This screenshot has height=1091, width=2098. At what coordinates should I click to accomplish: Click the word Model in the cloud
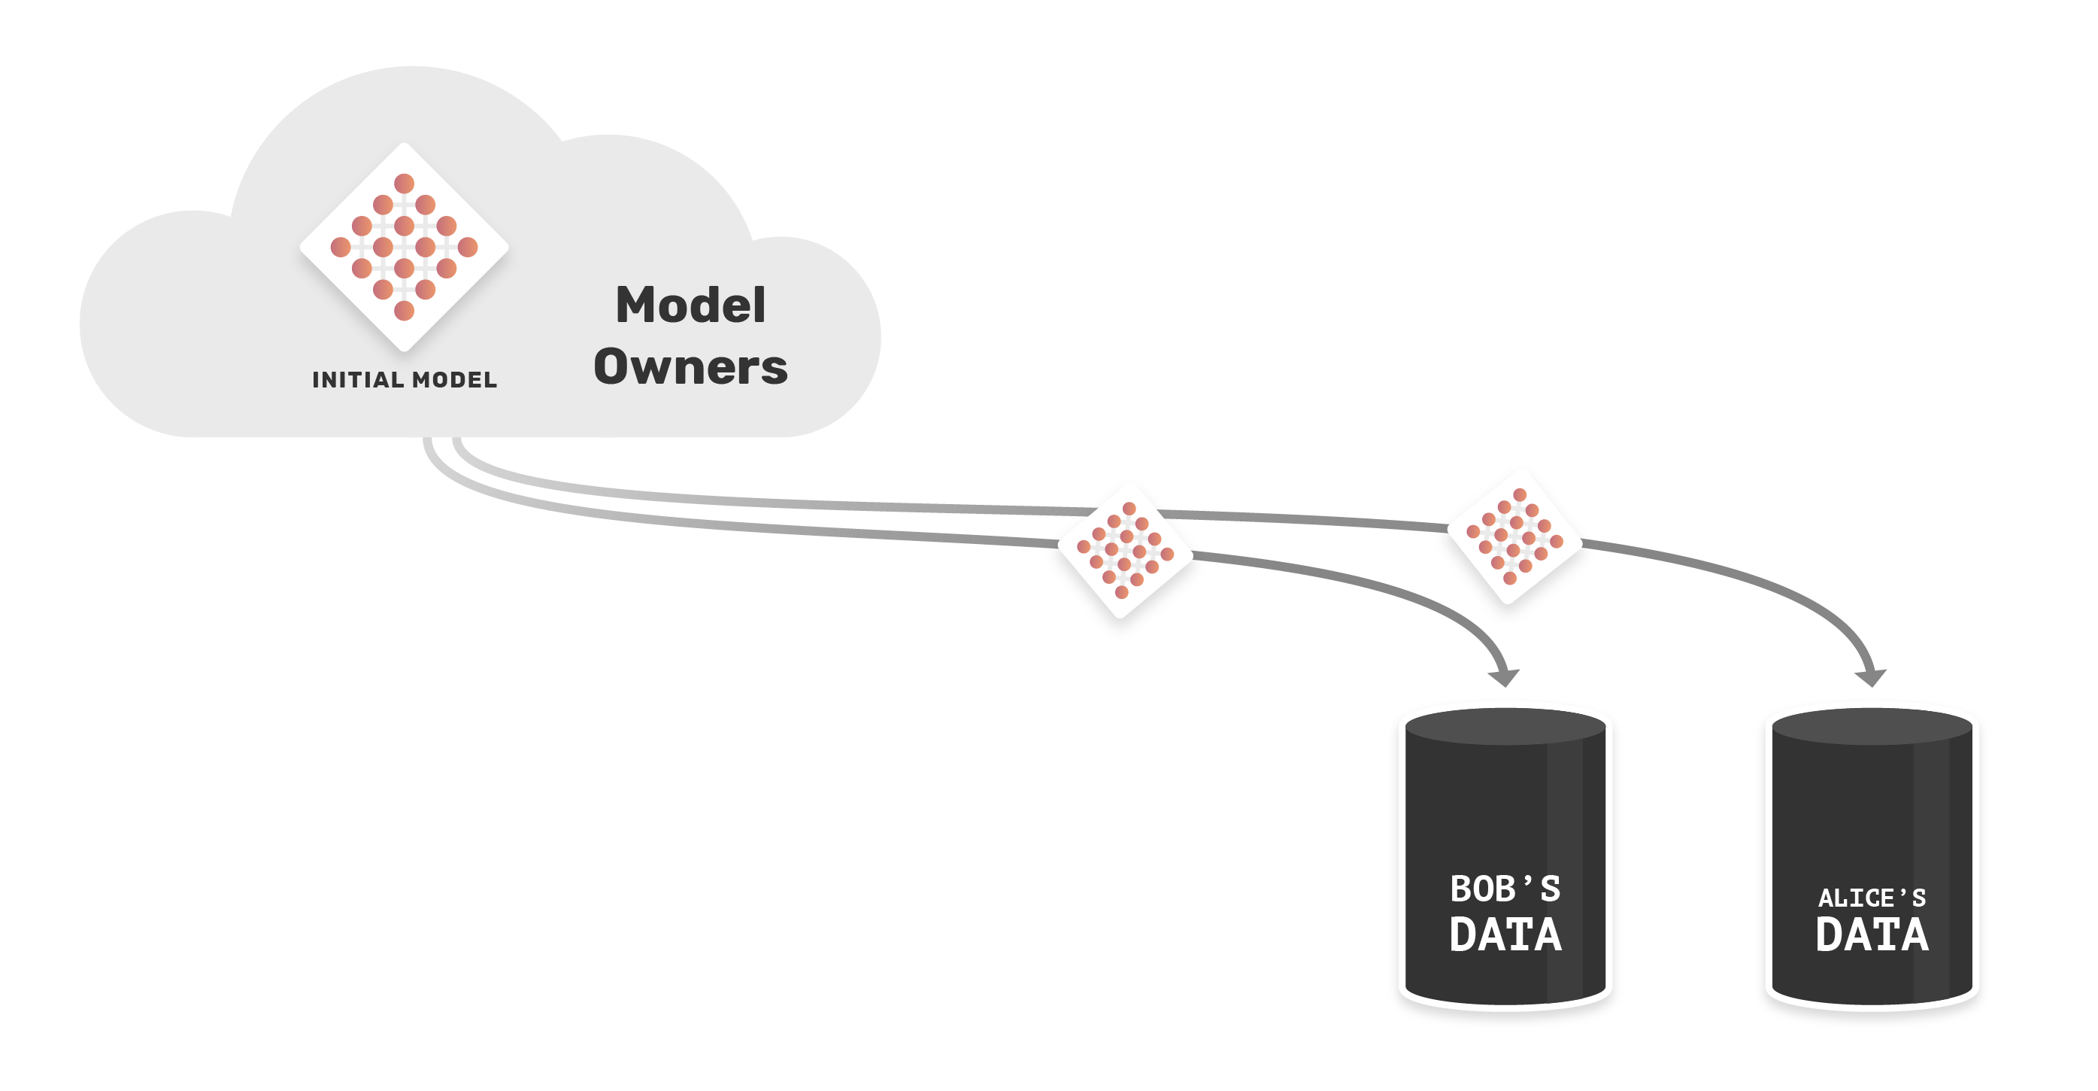690,305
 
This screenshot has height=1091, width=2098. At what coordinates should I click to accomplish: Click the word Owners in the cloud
690,366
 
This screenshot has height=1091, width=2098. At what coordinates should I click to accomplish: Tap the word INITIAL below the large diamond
359,380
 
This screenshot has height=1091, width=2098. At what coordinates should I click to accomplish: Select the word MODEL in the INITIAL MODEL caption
454,380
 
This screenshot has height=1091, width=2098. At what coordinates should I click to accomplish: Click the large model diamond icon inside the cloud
404,247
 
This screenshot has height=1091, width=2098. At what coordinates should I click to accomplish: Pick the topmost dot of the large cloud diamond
404,184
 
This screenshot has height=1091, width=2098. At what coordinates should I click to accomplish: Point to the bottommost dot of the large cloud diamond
404,311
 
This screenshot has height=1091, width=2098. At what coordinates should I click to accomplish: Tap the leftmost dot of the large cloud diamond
341,247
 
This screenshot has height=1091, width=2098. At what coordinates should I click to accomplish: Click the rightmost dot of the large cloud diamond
468,247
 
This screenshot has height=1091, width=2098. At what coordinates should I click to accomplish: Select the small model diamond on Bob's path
1125,551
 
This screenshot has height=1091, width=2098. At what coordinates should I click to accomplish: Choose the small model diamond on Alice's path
1514,537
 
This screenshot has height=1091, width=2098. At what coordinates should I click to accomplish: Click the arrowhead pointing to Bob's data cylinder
1503,677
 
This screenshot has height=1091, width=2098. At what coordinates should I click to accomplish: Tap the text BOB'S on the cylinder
1505,889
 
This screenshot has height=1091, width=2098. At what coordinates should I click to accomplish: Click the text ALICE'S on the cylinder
1872,898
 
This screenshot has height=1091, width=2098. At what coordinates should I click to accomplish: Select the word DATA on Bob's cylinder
1505,934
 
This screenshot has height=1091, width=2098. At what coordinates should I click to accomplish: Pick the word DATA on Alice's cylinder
1872,934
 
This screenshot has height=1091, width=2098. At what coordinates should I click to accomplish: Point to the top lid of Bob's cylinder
1505,727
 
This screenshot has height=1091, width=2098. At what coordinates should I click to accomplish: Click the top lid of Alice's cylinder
1872,727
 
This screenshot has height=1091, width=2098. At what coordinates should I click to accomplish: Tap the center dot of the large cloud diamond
404,247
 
